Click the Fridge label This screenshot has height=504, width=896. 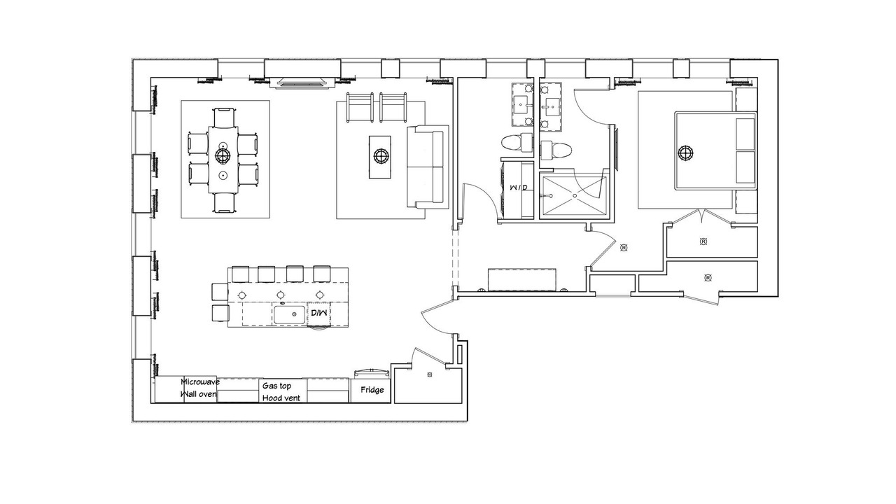click(372, 390)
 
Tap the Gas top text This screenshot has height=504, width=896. click(276, 386)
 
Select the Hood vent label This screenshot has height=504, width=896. click(281, 398)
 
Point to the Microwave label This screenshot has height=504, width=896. click(200, 381)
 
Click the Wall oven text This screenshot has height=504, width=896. click(199, 394)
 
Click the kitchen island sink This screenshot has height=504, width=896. click(289, 315)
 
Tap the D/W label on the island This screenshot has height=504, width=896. click(318, 312)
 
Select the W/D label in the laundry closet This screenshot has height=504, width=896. click(519, 187)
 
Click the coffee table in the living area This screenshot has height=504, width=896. click(379, 157)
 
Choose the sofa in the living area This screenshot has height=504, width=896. click(427, 167)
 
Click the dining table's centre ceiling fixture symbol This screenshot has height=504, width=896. click(223, 155)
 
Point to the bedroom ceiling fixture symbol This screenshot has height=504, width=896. click(685, 153)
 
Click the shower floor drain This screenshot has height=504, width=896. click(575, 195)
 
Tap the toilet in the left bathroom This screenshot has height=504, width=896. click(517, 143)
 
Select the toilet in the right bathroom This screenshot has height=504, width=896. click(556, 150)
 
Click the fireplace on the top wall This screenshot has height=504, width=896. click(302, 83)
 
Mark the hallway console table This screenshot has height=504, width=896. click(522, 279)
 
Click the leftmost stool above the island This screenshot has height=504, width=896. click(240, 274)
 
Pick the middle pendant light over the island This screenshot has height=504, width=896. click(281, 295)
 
